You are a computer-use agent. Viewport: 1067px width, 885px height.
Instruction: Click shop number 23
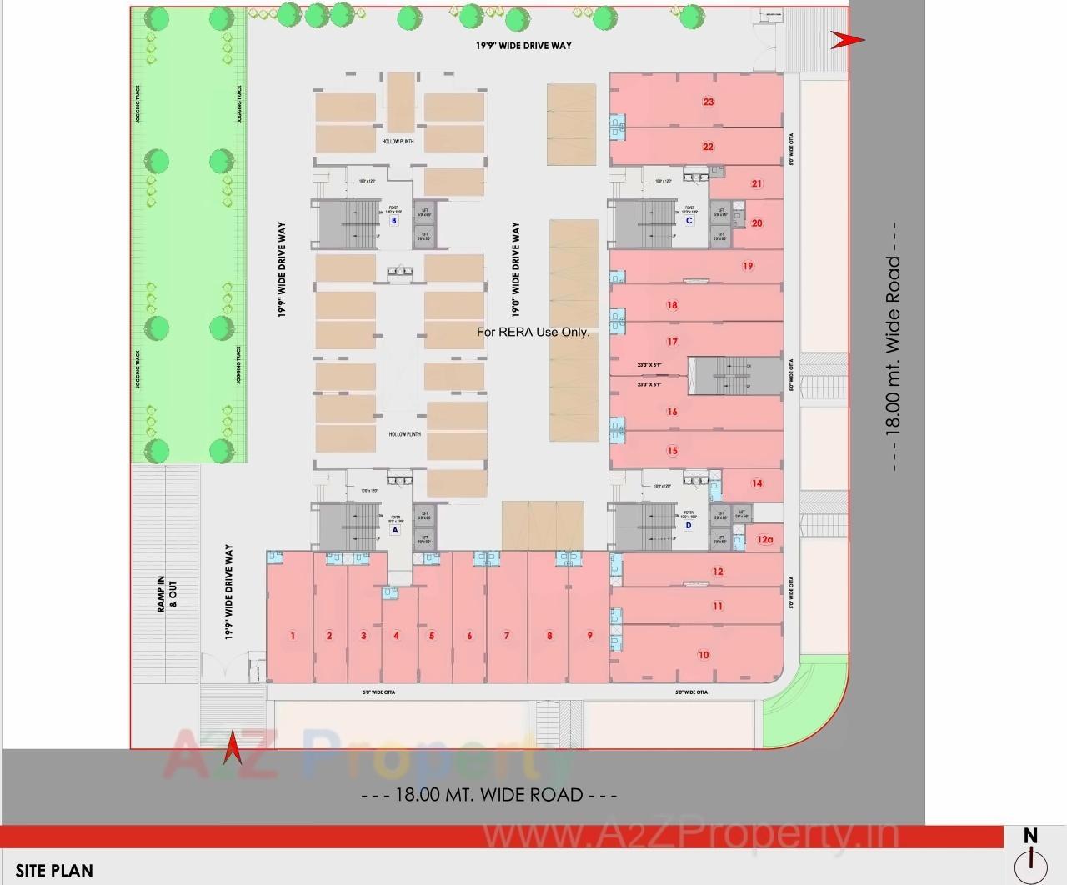point(709,102)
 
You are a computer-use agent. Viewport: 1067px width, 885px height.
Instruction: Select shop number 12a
point(765,539)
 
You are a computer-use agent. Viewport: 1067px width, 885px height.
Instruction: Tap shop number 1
point(293,636)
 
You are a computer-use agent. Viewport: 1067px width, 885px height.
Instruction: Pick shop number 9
point(589,636)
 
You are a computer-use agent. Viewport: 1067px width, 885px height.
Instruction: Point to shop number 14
point(757,483)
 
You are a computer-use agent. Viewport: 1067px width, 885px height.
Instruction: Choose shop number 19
point(748,267)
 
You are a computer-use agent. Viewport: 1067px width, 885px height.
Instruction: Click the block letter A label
point(395,529)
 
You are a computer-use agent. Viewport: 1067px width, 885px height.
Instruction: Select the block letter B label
point(394,221)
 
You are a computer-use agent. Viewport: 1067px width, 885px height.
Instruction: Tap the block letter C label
point(689,221)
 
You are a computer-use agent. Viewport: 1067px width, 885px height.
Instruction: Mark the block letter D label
point(689,526)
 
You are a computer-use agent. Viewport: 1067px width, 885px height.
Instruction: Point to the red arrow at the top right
point(847,39)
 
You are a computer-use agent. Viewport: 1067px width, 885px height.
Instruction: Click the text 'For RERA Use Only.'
point(533,332)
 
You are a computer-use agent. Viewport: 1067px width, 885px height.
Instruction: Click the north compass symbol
point(1031,857)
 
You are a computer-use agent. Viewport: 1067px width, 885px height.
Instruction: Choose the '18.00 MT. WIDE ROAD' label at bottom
point(489,795)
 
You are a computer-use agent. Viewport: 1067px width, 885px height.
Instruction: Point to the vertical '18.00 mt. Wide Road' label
point(893,345)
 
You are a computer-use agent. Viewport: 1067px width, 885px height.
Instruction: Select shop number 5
point(432,636)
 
